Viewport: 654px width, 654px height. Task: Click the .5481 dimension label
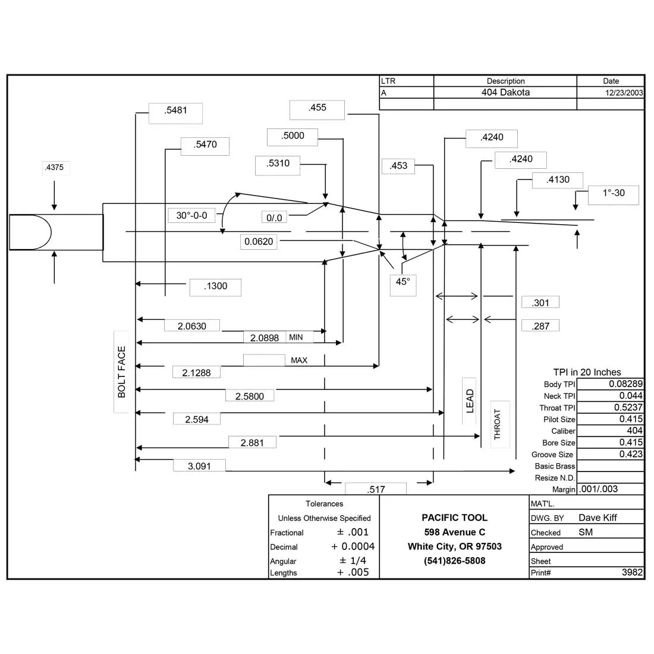point(175,111)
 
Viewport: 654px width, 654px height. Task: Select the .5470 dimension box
point(205,146)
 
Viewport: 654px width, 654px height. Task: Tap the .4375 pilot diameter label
point(54,167)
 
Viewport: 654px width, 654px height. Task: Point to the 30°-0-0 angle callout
point(191,216)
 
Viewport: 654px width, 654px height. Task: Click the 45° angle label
point(403,282)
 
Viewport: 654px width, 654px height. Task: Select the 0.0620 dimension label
point(259,241)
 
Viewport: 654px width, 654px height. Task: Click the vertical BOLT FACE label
point(121,372)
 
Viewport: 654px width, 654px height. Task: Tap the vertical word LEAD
point(470,401)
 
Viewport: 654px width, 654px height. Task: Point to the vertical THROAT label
point(497,424)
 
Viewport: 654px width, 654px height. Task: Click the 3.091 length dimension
point(199,466)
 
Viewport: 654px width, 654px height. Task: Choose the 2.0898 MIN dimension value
point(265,338)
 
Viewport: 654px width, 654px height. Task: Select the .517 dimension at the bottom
point(376,489)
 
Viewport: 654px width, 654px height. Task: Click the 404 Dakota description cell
point(505,92)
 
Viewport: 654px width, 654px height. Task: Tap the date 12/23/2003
point(624,93)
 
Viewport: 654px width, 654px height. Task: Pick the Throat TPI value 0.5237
point(628,407)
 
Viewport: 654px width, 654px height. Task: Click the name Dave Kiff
point(598,518)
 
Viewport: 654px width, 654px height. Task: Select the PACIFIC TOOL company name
point(454,518)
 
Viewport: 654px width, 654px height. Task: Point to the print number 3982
point(632,572)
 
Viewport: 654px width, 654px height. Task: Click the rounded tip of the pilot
point(51,232)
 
